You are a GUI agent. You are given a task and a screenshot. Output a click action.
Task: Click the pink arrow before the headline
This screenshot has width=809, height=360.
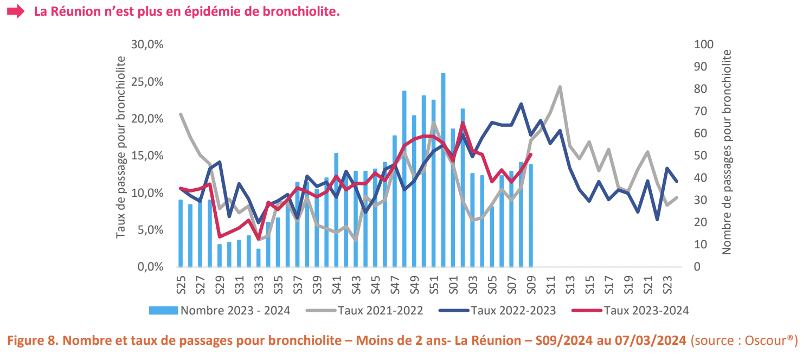(16, 11)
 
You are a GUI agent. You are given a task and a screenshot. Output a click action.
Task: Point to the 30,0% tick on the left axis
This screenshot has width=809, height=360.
(147, 44)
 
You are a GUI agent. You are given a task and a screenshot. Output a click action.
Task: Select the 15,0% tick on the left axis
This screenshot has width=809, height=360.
(147, 156)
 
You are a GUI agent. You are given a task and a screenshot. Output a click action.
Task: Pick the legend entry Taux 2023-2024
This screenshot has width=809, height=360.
(646, 311)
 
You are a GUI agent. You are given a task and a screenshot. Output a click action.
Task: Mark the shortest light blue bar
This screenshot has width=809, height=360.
(259, 258)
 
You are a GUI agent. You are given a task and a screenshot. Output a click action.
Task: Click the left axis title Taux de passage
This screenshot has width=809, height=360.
(121, 146)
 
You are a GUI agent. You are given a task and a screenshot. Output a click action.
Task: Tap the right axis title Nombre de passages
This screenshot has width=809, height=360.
(727, 152)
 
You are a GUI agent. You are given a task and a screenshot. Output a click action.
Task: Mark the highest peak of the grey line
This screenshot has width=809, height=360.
(560, 87)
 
